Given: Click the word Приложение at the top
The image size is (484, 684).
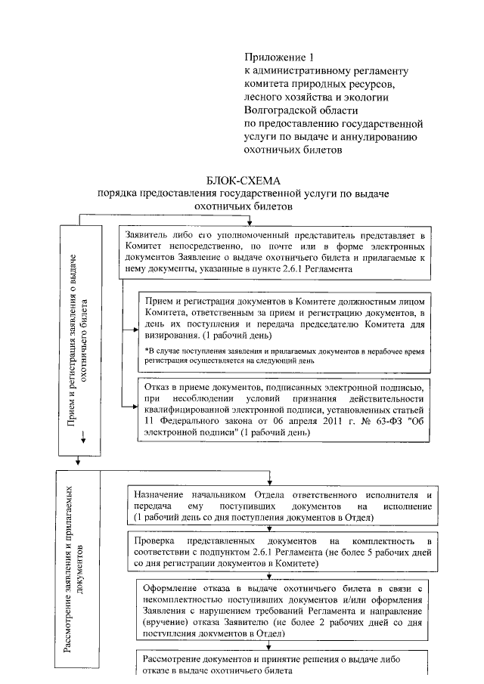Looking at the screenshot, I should (x=272, y=57).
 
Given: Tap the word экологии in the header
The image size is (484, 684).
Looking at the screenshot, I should (x=368, y=97).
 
